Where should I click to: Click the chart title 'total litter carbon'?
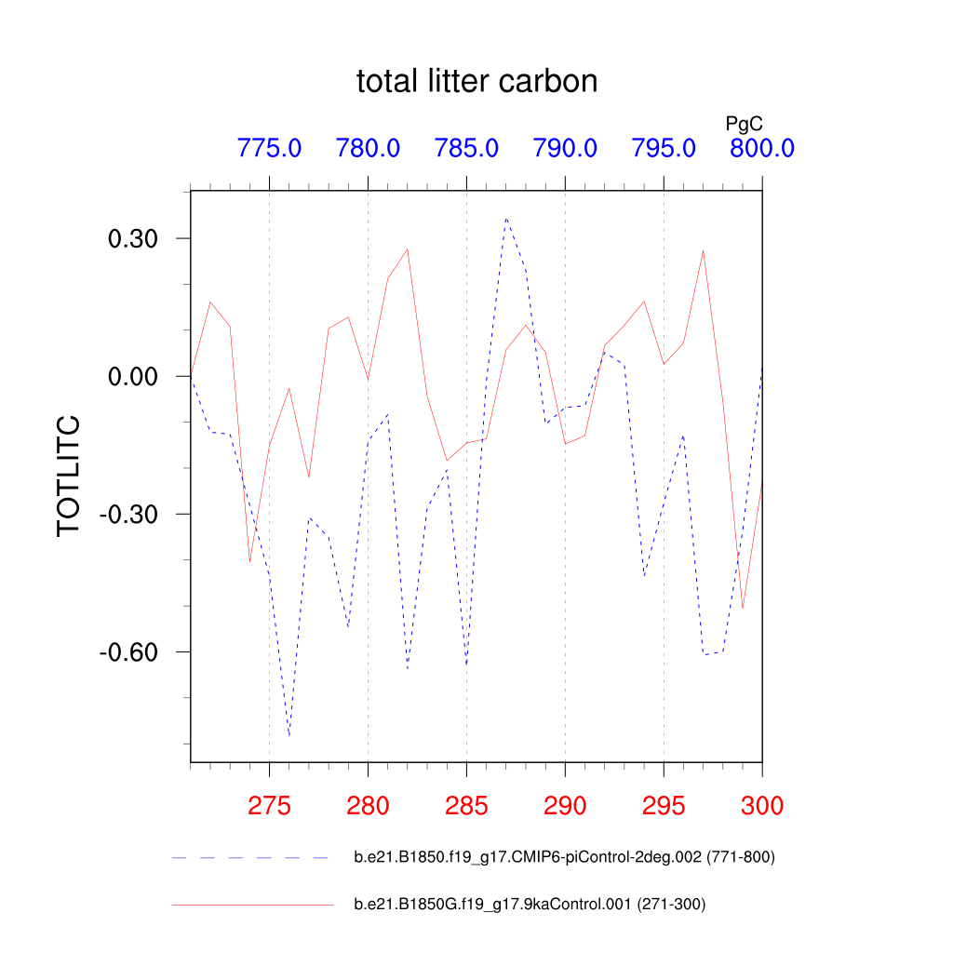tap(476, 82)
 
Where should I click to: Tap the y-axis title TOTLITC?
tap(70, 476)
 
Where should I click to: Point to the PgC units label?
tap(745, 123)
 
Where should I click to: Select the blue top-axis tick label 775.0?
tap(269, 148)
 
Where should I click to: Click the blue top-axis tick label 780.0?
tap(368, 148)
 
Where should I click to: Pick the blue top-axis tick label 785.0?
tap(466, 148)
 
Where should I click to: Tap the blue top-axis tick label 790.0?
tap(565, 148)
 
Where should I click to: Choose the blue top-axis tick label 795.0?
tap(664, 148)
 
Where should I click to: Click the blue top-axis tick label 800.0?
tap(761, 148)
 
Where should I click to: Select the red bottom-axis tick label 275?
tap(269, 805)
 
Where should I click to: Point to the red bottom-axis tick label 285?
tap(466, 805)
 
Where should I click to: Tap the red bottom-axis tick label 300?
tap(761, 805)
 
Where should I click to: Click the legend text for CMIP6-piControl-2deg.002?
tap(564, 857)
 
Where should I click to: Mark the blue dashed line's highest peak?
tap(505, 219)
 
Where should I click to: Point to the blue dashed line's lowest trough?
tap(289, 736)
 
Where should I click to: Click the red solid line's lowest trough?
tap(743, 609)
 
